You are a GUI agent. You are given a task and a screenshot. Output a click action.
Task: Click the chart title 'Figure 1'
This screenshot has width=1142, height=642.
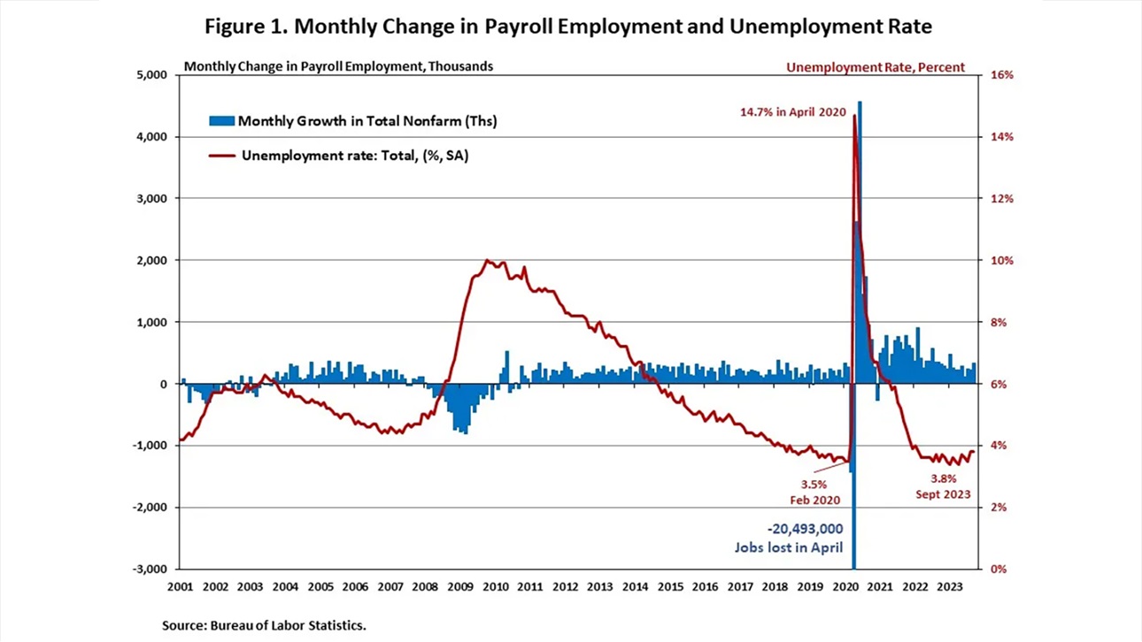pyautogui.click(x=567, y=27)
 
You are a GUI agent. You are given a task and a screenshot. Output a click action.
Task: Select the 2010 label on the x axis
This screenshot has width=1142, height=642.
pyautogui.click(x=495, y=586)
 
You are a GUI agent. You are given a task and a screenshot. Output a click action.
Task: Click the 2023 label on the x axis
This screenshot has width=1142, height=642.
pyautogui.click(x=950, y=586)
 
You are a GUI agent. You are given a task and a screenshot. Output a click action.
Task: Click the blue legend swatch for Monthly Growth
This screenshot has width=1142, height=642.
pyautogui.click(x=221, y=120)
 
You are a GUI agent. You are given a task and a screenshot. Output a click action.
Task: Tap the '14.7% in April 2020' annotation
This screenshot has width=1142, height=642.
pyautogui.click(x=793, y=112)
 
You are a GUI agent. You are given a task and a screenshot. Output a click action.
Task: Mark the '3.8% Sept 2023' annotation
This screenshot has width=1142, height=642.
pyautogui.click(x=942, y=486)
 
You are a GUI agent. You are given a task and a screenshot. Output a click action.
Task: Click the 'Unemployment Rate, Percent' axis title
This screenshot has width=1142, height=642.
pyautogui.click(x=875, y=67)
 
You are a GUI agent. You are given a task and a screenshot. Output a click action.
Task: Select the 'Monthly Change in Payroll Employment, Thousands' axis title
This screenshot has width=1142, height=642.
pyautogui.click(x=338, y=66)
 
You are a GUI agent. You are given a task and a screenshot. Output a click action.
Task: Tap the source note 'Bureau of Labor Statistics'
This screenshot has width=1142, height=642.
pyautogui.click(x=264, y=625)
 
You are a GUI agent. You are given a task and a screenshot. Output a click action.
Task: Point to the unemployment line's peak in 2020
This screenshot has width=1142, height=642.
pyautogui.click(x=854, y=116)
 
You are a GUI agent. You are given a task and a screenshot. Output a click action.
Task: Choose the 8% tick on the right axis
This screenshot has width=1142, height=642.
pyautogui.click(x=999, y=322)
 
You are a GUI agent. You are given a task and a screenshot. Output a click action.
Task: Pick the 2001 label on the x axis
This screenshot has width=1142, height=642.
pyautogui.click(x=180, y=586)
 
